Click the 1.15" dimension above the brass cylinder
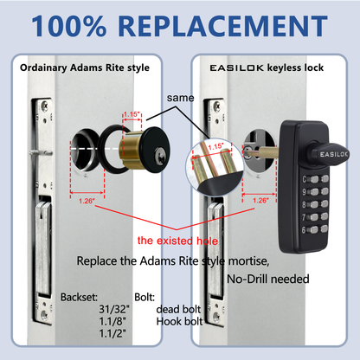132,113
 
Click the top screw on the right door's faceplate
208,106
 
